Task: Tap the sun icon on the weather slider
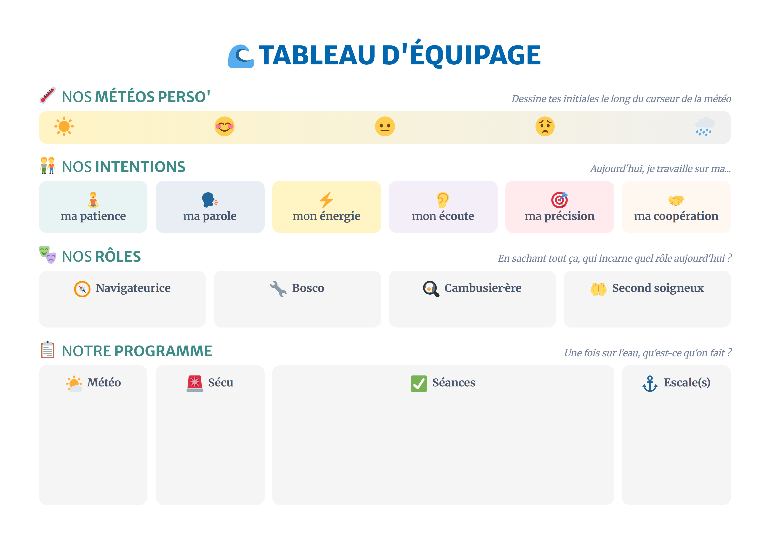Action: pos(64,126)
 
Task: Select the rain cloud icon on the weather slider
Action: pos(705,126)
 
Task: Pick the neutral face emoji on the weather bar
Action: pos(385,126)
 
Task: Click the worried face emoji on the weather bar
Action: pos(545,126)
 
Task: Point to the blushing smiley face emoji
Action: pos(224,126)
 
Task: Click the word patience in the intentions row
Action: pos(103,216)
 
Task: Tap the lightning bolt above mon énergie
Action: pos(326,200)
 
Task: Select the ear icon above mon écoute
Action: pos(443,200)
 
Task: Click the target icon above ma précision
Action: pos(560,200)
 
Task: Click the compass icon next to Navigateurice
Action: pos(82,289)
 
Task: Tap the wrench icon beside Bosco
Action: pos(278,289)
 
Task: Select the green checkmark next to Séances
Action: pos(418,383)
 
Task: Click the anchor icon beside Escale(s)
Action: pos(650,383)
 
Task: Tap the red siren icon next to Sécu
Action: pos(194,383)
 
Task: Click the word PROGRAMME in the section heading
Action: pos(163,351)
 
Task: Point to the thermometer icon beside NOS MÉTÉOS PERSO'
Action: pos(48,95)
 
